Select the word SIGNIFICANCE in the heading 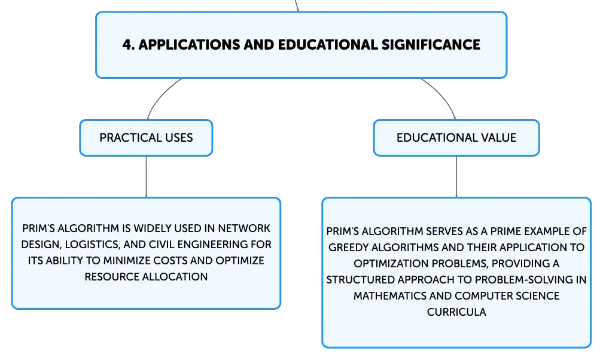(431, 45)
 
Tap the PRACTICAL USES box (146, 138)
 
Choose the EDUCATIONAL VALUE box (456, 138)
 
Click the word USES (179, 138)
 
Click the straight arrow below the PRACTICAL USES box (146, 177)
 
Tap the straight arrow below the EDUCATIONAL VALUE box (456, 177)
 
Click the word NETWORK (244, 228)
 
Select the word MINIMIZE (127, 261)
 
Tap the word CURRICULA (456, 312)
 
